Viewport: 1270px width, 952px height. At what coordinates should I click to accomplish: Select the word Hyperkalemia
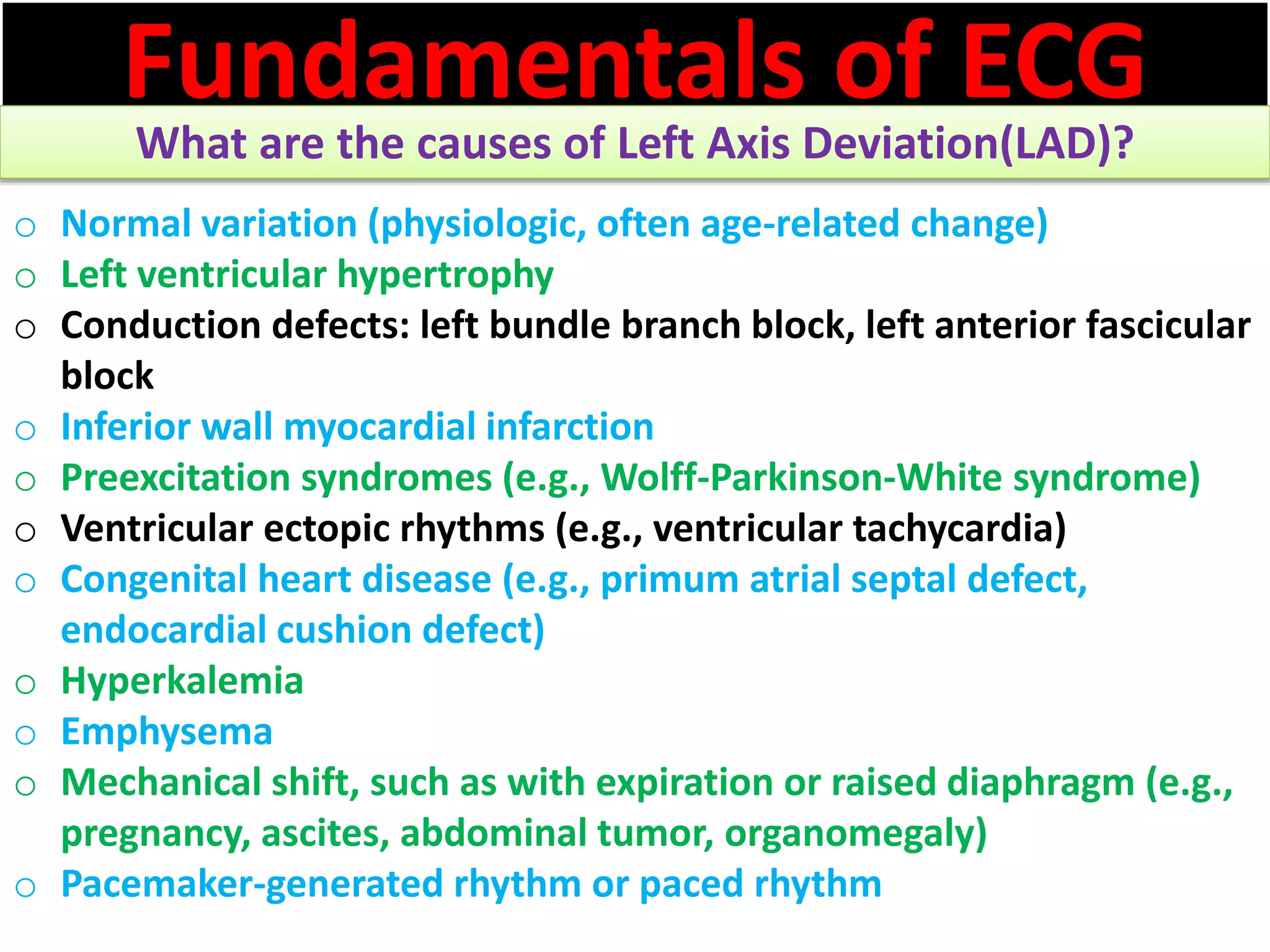[182, 682]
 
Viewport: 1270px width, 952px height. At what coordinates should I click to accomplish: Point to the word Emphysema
[167, 733]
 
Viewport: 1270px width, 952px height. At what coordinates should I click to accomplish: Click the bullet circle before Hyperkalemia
[25, 684]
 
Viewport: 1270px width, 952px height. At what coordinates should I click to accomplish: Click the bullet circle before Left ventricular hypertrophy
[25, 278]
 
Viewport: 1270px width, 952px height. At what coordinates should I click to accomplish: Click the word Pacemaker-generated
[251, 884]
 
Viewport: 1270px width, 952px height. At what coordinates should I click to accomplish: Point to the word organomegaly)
[856, 834]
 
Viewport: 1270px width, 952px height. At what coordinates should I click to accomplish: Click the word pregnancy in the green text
[156, 834]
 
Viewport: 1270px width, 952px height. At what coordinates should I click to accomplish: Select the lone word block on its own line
[107, 377]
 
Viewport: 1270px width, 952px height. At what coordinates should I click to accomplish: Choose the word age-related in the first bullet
[800, 224]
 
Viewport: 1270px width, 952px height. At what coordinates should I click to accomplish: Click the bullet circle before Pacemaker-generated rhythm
[25, 888]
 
